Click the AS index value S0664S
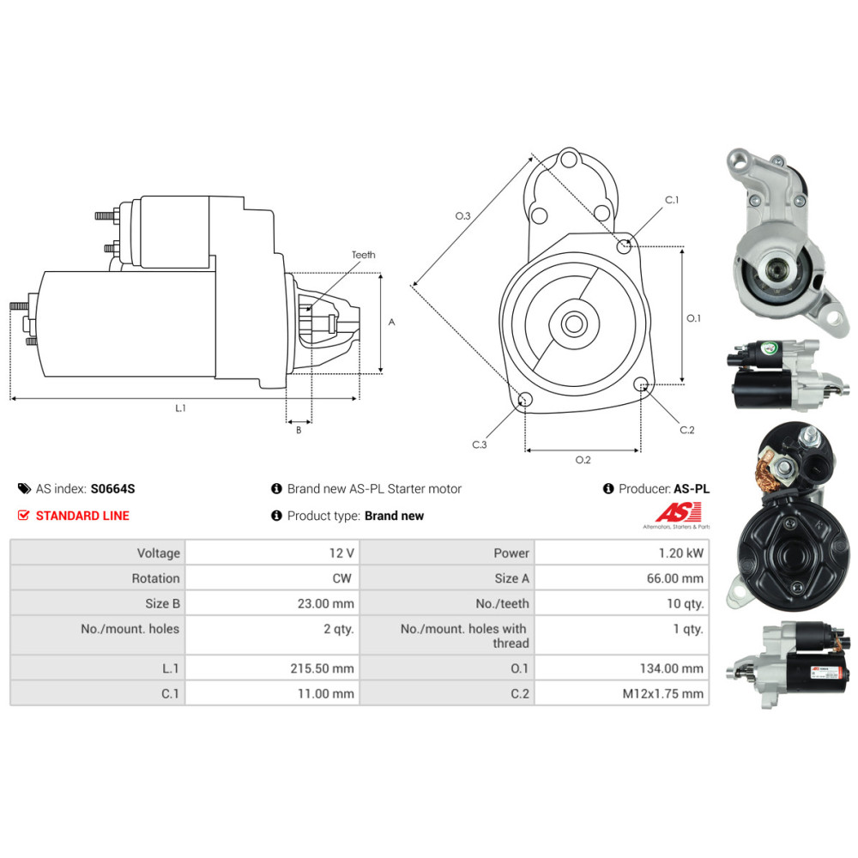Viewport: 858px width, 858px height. tap(112, 489)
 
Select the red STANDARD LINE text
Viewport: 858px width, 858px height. tap(82, 516)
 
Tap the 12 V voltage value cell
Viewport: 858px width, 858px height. tap(273, 553)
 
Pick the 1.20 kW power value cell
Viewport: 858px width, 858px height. tap(621, 553)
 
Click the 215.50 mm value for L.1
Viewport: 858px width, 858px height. tap(323, 668)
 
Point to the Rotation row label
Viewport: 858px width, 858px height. tap(155, 578)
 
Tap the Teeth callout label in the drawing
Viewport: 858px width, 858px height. tap(363, 255)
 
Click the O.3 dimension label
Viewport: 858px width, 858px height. tap(463, 215)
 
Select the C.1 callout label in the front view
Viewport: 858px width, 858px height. tap(672, 200)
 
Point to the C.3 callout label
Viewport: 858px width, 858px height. tap(480, 444)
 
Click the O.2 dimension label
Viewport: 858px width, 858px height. tap(583, 460)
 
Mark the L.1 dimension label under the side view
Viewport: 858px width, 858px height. tap(180, 408)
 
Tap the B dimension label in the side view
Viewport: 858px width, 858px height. tap(299, 430)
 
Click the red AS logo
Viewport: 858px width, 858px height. tap(679, 513)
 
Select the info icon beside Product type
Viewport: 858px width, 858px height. tap(276, 516)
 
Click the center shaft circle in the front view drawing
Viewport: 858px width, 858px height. tap(573, 323)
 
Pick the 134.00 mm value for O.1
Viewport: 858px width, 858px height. tap(672, 668)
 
